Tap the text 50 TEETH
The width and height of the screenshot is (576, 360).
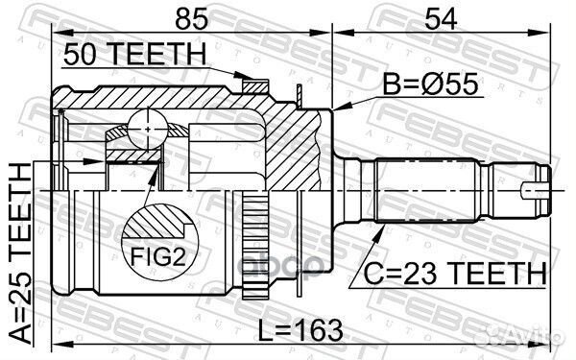tap(134, 54)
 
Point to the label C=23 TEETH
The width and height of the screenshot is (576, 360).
tap(455, 274)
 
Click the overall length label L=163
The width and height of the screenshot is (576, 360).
tap(300, 330)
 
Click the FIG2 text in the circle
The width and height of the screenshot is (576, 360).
tap(158, 256)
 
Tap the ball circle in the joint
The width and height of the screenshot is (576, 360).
tap(148, 130)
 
